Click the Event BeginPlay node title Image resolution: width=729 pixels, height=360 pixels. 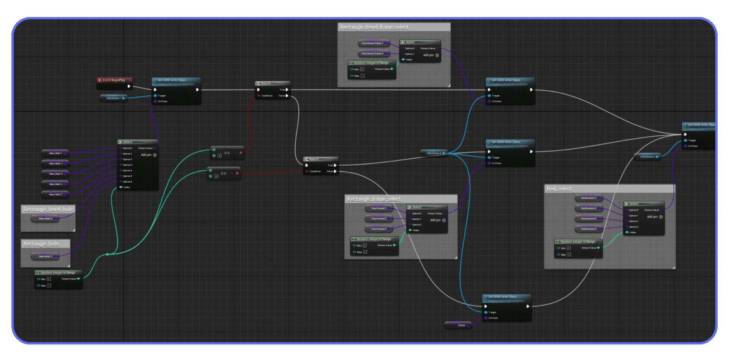114,80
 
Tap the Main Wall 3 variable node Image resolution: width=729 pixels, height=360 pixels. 55,174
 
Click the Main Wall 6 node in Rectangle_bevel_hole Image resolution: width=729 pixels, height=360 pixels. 45,219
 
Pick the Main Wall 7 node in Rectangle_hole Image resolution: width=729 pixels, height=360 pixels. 45,257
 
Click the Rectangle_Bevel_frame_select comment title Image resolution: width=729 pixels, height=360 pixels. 374,27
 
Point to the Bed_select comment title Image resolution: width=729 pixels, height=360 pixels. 559,189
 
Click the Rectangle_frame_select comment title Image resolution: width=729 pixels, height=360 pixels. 374,199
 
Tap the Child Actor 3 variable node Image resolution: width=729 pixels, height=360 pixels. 647,156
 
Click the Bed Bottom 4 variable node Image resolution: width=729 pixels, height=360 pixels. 588,229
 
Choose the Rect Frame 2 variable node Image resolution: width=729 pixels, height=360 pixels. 379,219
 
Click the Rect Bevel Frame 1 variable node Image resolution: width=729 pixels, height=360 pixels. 372,43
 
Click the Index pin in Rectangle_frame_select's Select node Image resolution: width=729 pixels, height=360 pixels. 410,230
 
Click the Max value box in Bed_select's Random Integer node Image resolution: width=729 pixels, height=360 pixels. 569,255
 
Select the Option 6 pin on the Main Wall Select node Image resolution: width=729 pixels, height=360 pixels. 121,182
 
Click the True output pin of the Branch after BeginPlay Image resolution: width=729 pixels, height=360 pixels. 287,90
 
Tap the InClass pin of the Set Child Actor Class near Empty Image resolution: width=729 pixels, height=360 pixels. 486,318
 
